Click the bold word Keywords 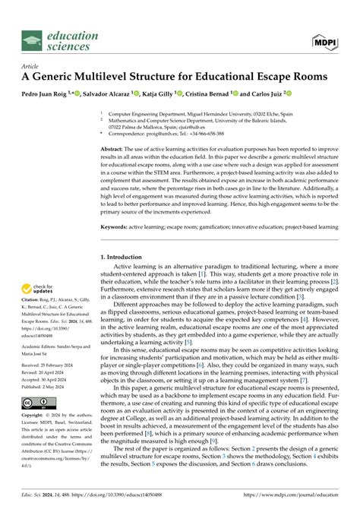click(116, 226)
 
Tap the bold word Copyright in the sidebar click(36, 416)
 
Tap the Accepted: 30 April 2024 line click(48, 379)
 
